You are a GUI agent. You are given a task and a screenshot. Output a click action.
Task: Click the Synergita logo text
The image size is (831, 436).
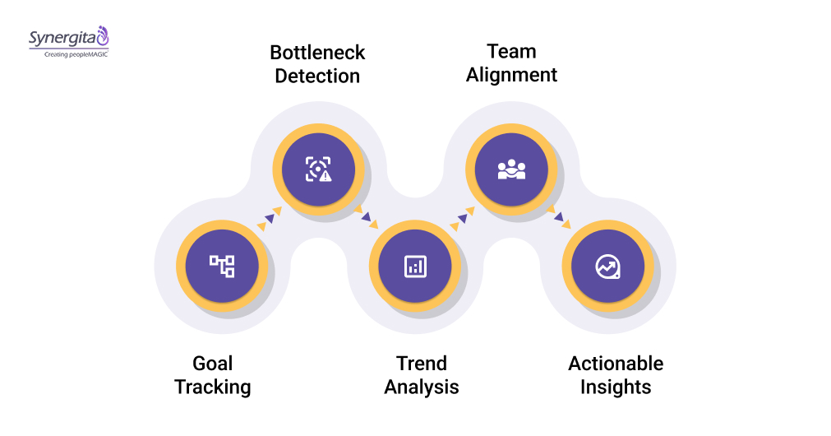coord(62,38)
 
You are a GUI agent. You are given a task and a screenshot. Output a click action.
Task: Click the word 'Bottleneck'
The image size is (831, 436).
coord(317,53)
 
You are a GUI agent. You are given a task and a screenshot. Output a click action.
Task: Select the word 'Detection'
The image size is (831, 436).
coord(317,77)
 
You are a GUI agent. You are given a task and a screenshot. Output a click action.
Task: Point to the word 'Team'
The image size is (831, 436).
coord(511,51)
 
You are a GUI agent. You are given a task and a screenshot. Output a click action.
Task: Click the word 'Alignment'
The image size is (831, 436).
coord(511,75)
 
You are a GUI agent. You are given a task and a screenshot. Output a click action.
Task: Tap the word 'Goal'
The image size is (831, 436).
coord(213,364)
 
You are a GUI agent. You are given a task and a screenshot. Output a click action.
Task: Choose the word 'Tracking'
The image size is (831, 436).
coord(213,387)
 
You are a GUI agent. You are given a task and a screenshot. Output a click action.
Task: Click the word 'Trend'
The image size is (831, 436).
coord(422,364)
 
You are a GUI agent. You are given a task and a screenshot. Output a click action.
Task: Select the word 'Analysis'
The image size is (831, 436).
coord(422,387)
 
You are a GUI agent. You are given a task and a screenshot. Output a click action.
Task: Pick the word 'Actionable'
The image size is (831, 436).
coord(616,364)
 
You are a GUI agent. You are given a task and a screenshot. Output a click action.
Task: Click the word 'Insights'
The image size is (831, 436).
coord(616,387)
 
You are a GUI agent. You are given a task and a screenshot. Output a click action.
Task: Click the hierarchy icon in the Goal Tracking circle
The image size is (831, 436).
coord(222,266)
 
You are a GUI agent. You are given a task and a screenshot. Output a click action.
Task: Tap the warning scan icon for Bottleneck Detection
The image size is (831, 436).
coord(318,169)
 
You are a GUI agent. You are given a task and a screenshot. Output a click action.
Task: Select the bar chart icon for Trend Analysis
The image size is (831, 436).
coord(415,266)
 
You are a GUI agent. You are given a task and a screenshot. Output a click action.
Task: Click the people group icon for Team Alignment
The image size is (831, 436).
coord(511,169)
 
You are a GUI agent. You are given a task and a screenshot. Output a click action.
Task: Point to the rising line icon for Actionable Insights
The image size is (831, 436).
coord(607,266)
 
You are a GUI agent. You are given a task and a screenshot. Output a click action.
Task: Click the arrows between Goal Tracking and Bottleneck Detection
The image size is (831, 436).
coord(270,217)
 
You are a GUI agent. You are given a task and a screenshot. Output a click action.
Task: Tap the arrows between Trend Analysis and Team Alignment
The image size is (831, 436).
coord(463,217)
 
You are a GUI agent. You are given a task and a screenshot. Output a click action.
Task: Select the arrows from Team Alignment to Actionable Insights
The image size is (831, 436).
coord(560,217)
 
